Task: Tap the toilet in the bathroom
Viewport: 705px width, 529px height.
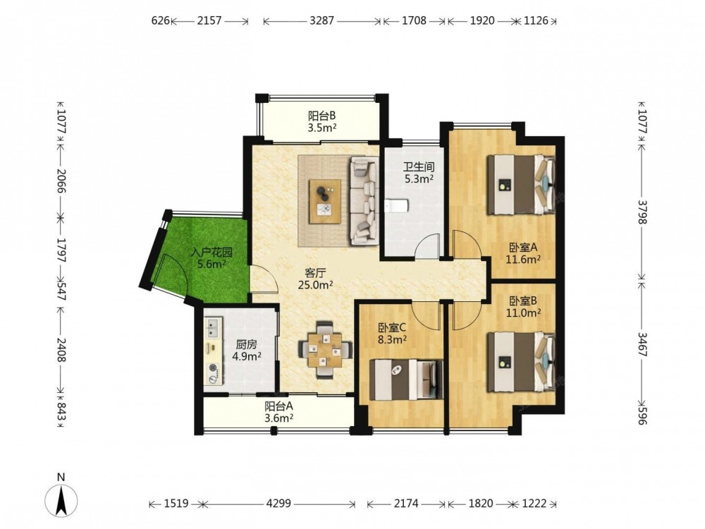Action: coord(396,206)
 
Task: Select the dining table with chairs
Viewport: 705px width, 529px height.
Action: coord(324,350)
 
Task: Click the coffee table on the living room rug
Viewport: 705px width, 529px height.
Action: coord(324,200)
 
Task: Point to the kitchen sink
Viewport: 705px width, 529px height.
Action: coord(213,328)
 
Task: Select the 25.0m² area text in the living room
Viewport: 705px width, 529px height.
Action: coord(315,285)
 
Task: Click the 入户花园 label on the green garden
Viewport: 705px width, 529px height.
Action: coord(211,253)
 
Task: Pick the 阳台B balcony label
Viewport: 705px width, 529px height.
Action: coord(322,116)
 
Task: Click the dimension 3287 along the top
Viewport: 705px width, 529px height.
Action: coord(322,20)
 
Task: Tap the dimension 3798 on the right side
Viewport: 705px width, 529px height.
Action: coord(642,212)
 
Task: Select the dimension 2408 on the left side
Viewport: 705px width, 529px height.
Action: coord(61,350)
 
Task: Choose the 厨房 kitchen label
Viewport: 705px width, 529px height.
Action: coord(246,345)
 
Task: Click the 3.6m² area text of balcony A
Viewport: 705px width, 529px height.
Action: coord(278,418)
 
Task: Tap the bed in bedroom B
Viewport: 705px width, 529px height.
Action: coord(522,361)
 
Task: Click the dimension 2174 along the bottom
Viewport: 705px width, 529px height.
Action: coord(406,503)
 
